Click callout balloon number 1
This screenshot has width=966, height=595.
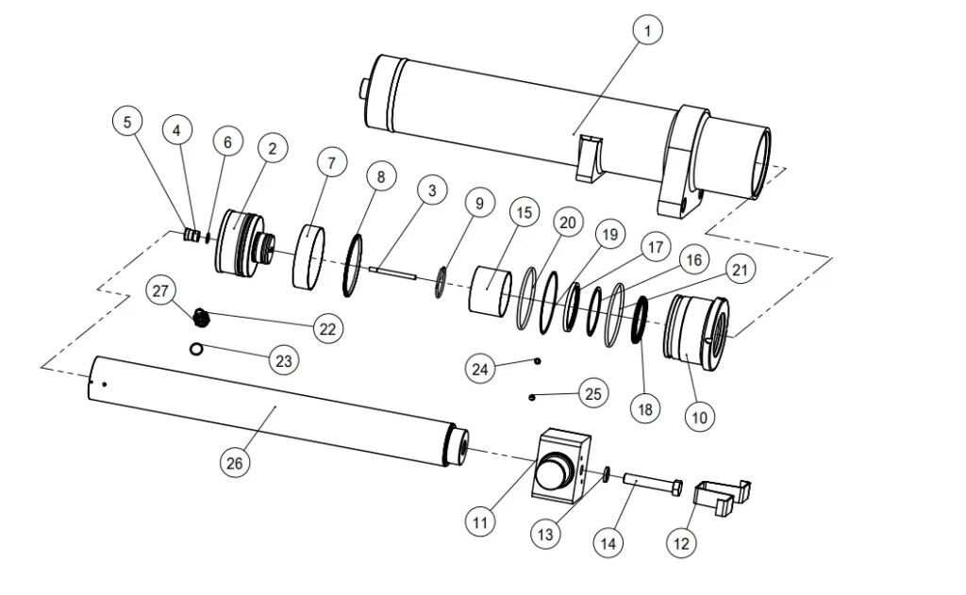point(647,31)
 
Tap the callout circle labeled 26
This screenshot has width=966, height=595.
point(234,463)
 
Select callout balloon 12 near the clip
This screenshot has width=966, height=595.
point(681,543)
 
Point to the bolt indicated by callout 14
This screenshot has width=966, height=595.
point(651,483)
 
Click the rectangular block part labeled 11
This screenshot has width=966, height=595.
point(562,466)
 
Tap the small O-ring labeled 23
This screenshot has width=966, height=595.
point(195,349)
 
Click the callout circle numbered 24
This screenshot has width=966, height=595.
point(481,369)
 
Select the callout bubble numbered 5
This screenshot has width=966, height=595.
point(128,122)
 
